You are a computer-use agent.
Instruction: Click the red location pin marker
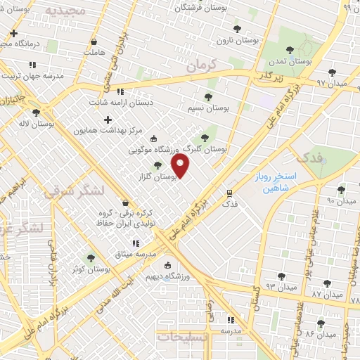pyautogui.click(x=181, y=167)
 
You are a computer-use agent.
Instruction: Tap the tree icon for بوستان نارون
pyautogui.click(x=236, y=30)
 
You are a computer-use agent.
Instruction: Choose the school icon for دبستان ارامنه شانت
pyautogui.click(x=120, y=91)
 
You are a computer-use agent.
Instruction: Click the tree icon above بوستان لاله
pyautogui.click(x=36, y=112)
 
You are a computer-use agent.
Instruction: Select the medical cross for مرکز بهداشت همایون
pyautogui.click(x=108, y=120)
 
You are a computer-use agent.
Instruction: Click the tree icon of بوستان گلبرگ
pyautogui.click(x=205, y=138)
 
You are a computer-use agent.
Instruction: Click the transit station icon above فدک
pyautogui.click(x=229, y=193)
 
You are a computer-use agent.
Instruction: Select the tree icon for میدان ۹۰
pyautogui.click(x=341, y=190)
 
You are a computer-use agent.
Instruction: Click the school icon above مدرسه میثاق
pyautogui.click(x=136, y=243)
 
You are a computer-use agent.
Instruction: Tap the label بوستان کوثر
pyautogui.click(x=89, y=269)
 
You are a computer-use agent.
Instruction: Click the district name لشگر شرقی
pyautogui.click(x=74, y=191)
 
